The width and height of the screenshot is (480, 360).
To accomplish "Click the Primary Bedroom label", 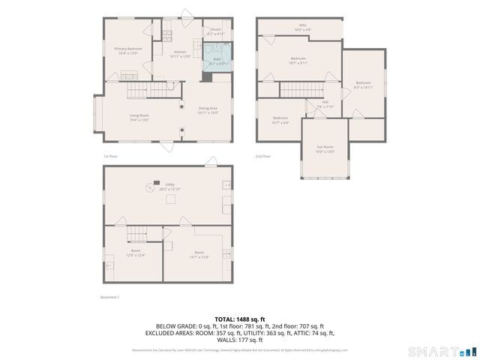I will pyautogui.click(x=128, y=50).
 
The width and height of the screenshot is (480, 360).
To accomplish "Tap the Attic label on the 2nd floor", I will pyautogui.click(x=303, y=27).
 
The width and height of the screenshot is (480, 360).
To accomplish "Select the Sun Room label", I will pyautogui.click(x=324, y=149).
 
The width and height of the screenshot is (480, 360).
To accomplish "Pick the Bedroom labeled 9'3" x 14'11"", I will pyautogui.click(x=363, y=85).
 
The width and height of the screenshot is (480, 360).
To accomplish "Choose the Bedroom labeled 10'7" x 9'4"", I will pyautogui.click(x=280, y=120).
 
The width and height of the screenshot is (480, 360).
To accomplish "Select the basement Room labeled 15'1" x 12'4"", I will pyautogui.click(x=199, y=253).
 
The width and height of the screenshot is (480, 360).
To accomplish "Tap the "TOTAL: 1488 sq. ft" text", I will pyautogui.click(x=240, y=319).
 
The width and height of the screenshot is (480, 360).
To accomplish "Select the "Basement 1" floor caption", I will pyautogui.click(x=109, y=298).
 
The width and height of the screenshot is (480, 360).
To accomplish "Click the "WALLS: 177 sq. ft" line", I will pyautogui.click(x=240, y=340).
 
